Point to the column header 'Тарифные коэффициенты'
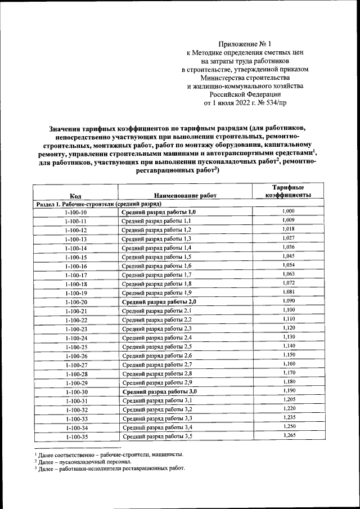click(288, 191)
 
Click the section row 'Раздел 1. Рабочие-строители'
click(99, 203)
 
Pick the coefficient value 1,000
click(288, 211)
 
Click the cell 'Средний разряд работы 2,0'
click(159, 302)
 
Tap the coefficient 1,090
click(288, 301)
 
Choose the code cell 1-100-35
click(75, 436)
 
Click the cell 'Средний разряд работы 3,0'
click(160, 391)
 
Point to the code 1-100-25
click(75, 347)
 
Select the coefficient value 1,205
click(288, 400)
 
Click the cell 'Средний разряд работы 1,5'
click(157, 257)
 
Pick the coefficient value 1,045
click(288, 256)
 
